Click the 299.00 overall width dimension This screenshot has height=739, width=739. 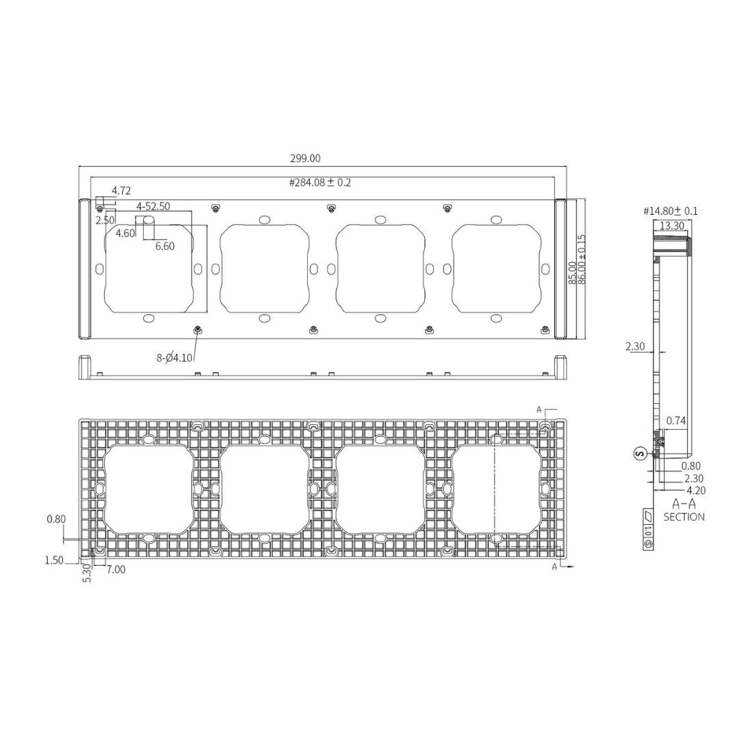tap(304, 158)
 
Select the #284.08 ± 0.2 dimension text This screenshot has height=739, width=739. tap(320, 183)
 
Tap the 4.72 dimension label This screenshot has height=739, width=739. tap(121, 191)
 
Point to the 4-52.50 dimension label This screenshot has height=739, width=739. tap(153, 206)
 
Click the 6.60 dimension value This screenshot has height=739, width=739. tap(165, 246)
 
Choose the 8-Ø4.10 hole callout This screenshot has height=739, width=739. tap(174, 357)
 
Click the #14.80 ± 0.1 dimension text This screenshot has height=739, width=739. tap(671, 211)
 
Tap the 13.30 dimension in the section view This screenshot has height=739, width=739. tap(671, 226)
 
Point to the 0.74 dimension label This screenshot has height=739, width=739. tap(676, 420)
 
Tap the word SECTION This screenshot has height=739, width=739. tap(684, 517)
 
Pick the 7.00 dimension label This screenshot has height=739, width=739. tap(116, 569)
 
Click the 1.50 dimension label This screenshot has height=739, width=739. tap(54, 560)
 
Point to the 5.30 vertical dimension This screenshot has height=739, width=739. tap(87, 573)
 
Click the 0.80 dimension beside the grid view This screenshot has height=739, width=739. tap(56, 519)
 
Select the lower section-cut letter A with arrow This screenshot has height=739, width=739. tap(555, 567)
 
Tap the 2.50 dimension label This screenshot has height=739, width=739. tap(105, 220)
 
